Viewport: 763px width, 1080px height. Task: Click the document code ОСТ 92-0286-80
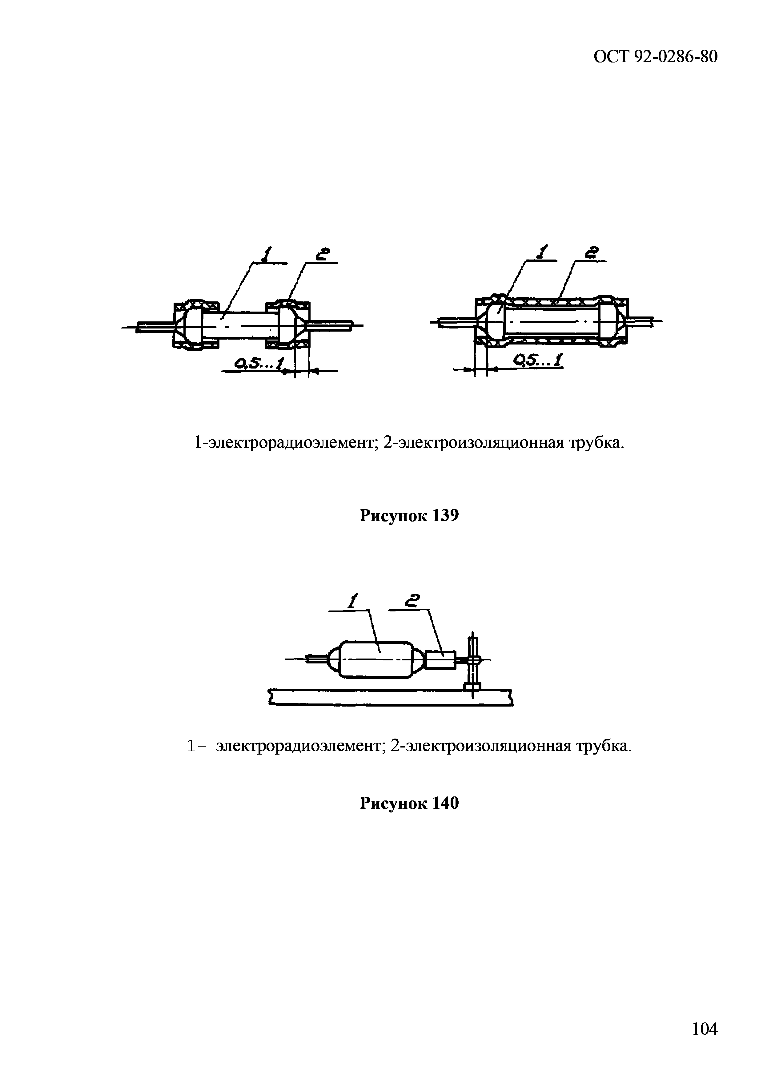tap(656, 57)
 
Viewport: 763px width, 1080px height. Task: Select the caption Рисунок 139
tap(409, 516)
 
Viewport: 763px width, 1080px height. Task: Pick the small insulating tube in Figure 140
tap(440, 660)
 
